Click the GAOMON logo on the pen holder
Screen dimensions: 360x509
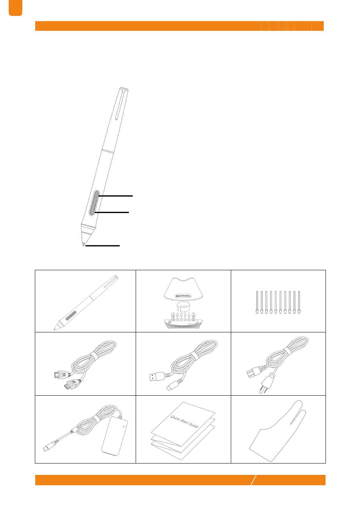(183, 296)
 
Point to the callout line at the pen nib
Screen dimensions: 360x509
(102, 246)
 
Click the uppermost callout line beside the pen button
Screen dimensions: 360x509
(115, 196)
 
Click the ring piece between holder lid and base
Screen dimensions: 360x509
(183, 308)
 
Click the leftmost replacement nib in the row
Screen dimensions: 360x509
(257, 302)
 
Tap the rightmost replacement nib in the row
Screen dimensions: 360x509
(299, 302)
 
